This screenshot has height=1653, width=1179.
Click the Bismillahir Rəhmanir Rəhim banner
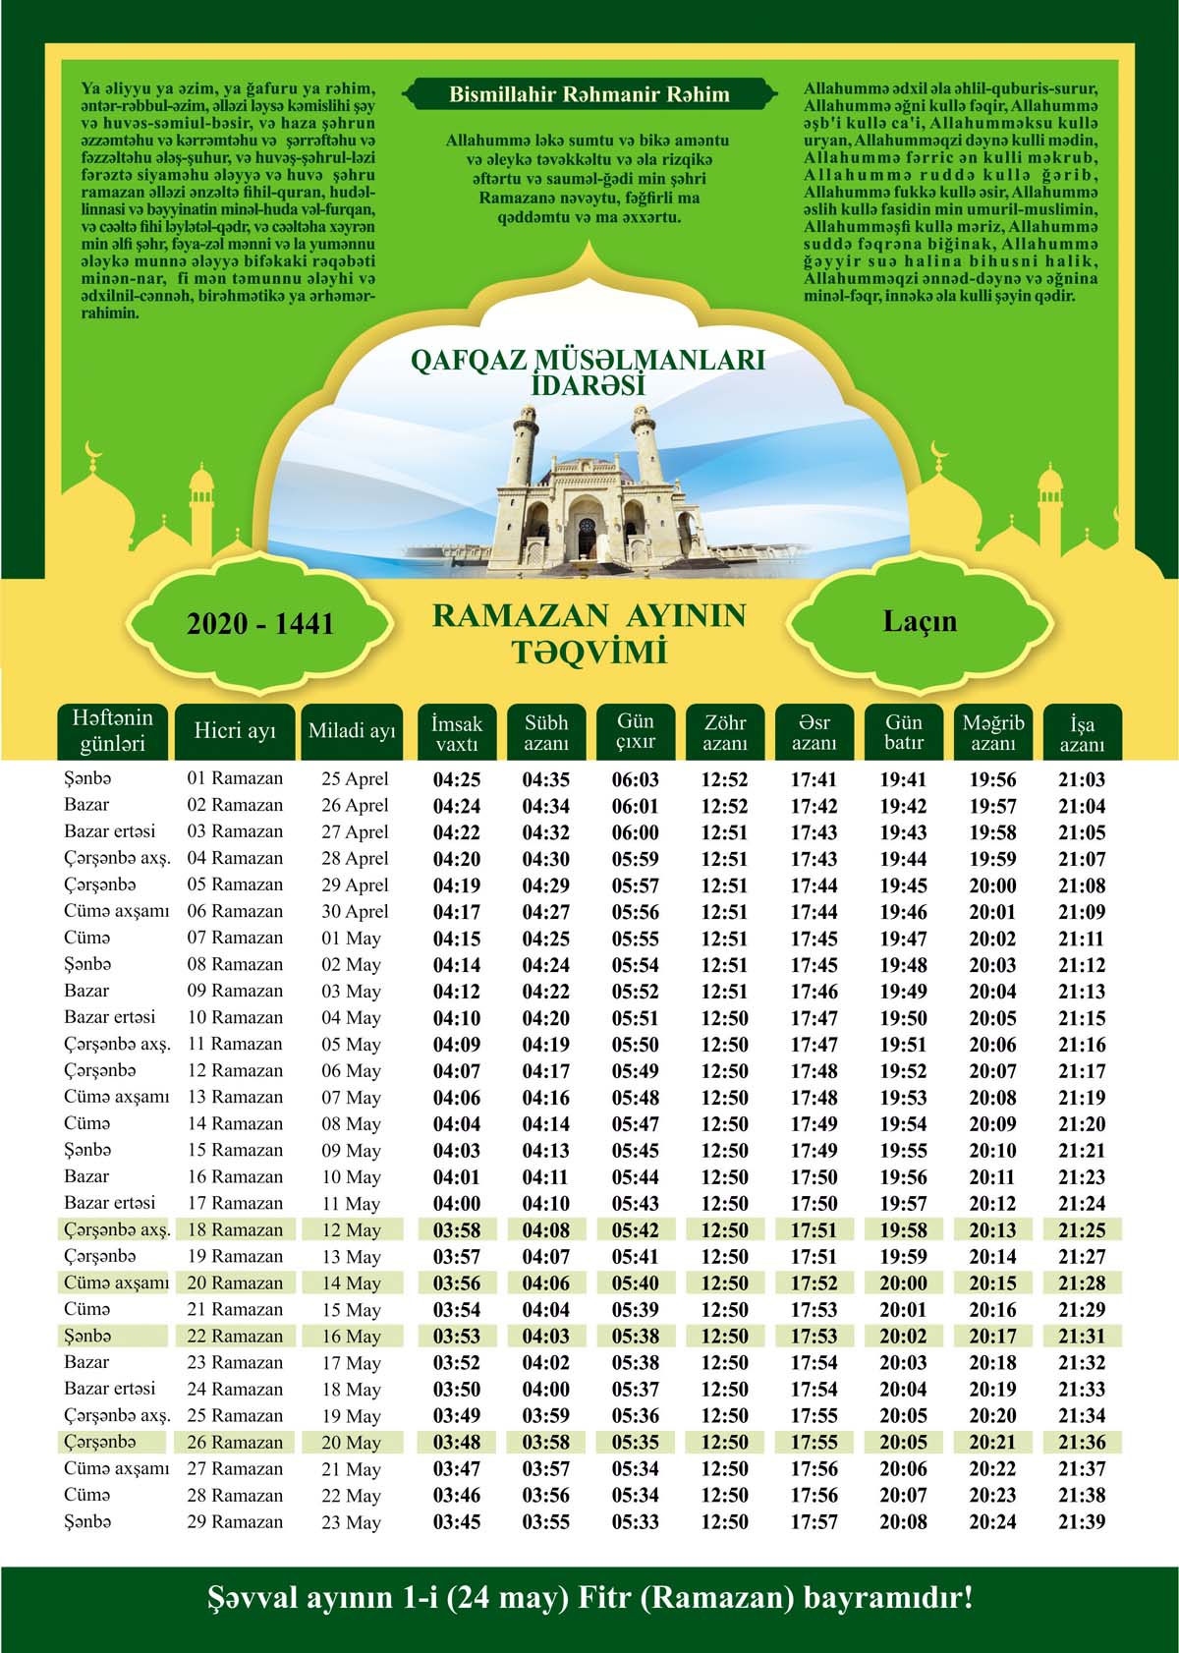point(589,95)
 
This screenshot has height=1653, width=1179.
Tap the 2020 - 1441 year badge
point(260,624)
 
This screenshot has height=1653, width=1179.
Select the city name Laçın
point(920,621)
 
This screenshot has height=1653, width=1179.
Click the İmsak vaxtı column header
point(457,733)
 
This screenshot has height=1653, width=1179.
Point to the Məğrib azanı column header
point(992,733)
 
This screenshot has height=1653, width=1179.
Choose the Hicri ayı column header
point(235,732)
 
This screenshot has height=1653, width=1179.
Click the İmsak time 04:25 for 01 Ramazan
point(457,779)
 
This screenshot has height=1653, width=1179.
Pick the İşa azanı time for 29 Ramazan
point(1082,1522)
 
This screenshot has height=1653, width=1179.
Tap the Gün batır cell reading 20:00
point(903,1283)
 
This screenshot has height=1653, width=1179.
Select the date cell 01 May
point(352,939)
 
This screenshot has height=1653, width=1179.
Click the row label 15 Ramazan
point(235,1151)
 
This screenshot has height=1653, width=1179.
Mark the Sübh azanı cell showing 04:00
point(545,1390)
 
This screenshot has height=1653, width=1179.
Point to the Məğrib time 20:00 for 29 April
point(992,885)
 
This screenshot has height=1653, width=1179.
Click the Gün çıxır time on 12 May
point(636,1230)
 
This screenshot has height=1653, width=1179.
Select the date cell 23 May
point(352,1522)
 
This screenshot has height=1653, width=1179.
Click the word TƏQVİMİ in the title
point(589,652)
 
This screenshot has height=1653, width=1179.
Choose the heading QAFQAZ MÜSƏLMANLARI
point(588,361)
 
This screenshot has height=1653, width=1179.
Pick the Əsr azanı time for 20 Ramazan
point(814,1283)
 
